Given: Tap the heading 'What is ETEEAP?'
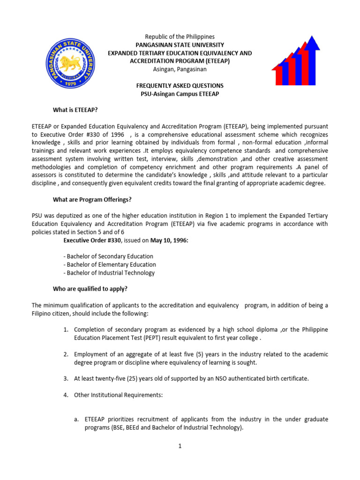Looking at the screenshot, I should (x=75, y=110).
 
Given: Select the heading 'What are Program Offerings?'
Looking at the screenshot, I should (x=92, y=199).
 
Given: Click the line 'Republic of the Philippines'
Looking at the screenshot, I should (x=180, y=37).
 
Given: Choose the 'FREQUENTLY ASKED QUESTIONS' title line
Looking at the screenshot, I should (x=180, y=86).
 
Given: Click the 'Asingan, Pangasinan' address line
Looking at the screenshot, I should (x=180, y=69).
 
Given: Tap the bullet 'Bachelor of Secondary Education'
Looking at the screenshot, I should (x=108, y=256).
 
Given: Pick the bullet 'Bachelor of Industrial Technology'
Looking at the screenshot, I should (x=109, y=273).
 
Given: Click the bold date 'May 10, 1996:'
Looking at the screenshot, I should (x=171, y=240).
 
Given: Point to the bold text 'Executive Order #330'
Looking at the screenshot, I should (x=92, y=240).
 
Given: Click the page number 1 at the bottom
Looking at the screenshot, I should (x=180, y=446).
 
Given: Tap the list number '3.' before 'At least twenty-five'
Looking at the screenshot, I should (x=66, y=379).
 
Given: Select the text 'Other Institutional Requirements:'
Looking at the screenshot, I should (x=118, y=395).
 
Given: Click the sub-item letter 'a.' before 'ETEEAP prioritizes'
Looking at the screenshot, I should (x=76, y=419).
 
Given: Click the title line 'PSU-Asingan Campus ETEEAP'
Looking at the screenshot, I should (x=180, y=94).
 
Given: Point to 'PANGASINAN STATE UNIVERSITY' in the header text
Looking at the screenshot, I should (x=180, y=45).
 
